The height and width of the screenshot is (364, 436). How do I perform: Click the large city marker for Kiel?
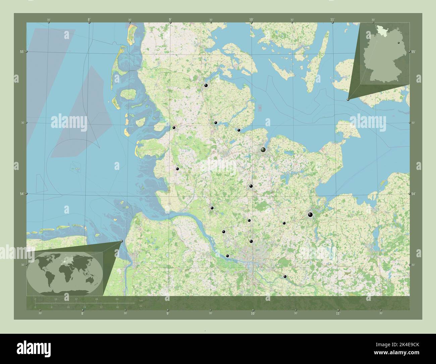(263, 150)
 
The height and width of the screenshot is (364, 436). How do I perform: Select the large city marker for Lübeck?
(310, 215)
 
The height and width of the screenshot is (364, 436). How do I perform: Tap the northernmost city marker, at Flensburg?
(206, 86)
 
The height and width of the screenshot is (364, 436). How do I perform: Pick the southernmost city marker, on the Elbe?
(285, 277)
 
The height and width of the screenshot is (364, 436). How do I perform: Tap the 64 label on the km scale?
(117, 299)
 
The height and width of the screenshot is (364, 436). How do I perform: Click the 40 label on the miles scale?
(117, 307)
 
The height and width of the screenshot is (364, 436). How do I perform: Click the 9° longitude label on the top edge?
(170, 20)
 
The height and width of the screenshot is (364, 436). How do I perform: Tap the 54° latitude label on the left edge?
(23, 194)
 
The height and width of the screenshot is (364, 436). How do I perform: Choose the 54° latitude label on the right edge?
(413, 194)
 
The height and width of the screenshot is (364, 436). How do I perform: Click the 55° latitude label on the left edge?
(21, 51)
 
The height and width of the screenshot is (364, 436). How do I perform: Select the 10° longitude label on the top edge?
(251, 20)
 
